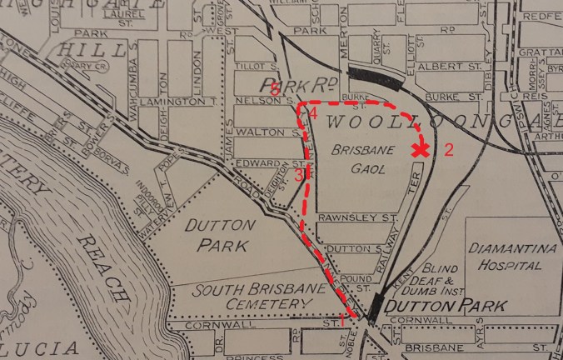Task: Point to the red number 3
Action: click(298, 174)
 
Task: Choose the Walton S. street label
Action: click(261, 132)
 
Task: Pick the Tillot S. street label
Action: click(256, 65)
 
